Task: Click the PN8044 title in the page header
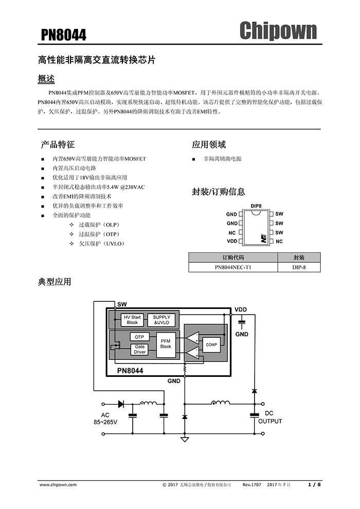point(64,35)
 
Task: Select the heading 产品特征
point(58,144)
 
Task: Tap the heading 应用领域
point(209,144)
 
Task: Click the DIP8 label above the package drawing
point(256,206)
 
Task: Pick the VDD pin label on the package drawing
point(232,241)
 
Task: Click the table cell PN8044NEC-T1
point(233,267)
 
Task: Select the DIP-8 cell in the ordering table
point(299,267)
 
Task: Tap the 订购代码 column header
point(233,258)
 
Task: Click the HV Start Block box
point(132,320)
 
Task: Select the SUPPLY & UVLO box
point(161,320)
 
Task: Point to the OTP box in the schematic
point(139,337)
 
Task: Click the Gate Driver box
point(140,350)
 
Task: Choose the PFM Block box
point(166,343)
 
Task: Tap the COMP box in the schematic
point(211,344)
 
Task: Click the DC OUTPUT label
point(270,417)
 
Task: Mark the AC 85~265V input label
point(105,419)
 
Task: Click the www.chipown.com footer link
point(58,484)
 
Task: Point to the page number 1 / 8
point(314,484)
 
